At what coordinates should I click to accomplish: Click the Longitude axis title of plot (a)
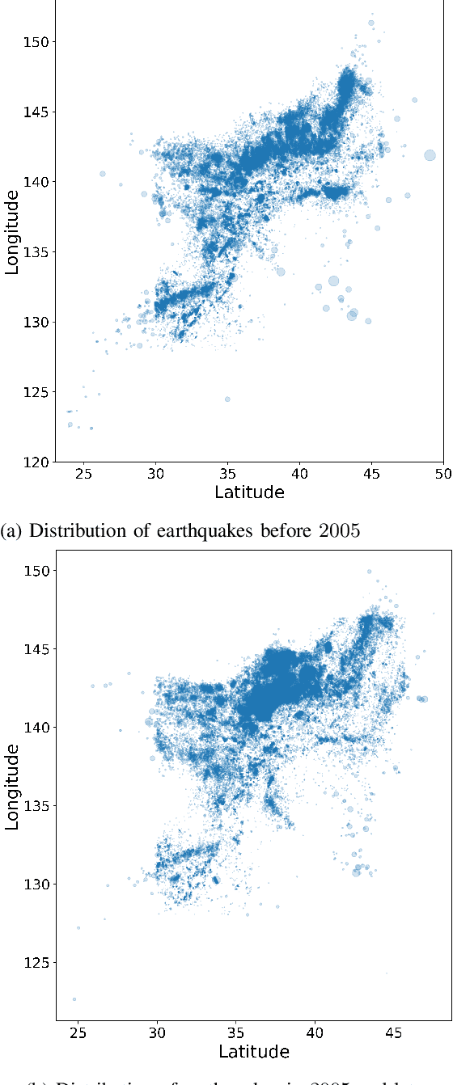(x=12, y=232)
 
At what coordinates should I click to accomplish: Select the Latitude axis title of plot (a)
(x=249, y=492)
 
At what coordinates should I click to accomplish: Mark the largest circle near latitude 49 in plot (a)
(x=430, y=155)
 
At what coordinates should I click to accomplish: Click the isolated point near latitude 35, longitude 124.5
(x=227, y=399)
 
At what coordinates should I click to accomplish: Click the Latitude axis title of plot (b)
(x=254, y=1051)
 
